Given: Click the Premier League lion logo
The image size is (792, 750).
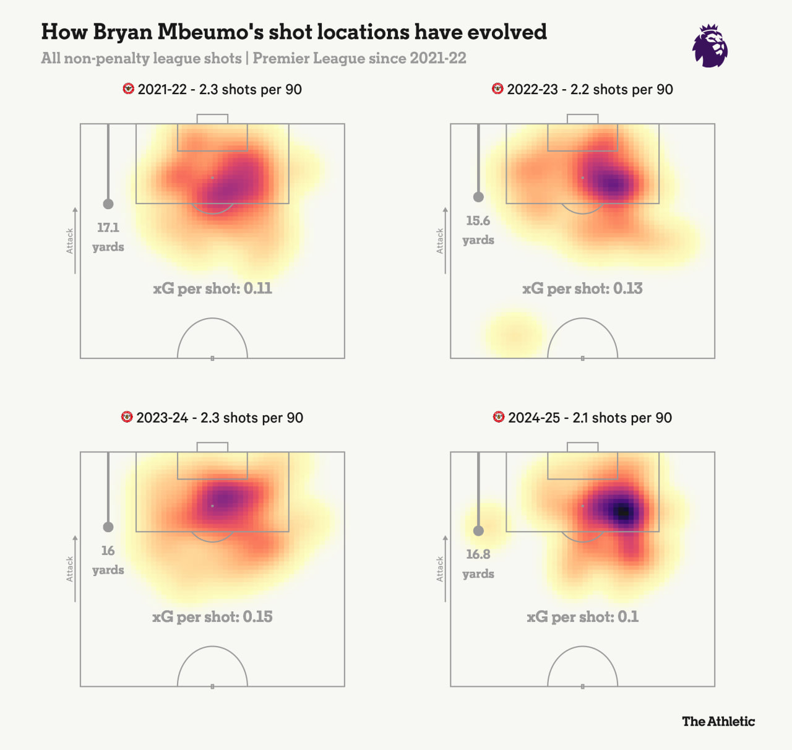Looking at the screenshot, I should point(710,46).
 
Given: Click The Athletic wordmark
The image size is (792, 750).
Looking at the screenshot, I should point(718,721).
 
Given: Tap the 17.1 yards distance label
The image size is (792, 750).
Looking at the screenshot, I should point(108,237).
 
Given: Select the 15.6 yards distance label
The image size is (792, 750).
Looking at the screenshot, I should point(478,230).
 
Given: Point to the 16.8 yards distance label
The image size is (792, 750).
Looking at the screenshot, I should point(478,564).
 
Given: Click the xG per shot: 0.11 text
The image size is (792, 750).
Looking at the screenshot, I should point(212,288).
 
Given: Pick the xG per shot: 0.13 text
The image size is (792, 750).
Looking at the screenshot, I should point(582,288).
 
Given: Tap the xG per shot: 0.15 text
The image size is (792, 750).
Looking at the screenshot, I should point(212,617).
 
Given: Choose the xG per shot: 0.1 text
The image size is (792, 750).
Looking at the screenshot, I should point(582,617).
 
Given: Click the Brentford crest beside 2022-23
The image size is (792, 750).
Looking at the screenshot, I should point(497,89).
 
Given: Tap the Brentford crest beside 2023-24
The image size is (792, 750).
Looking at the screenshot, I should point(127,417).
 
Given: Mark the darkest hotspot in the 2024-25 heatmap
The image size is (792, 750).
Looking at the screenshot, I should point(622,512).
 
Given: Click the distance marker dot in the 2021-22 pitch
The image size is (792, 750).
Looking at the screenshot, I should point(108,204).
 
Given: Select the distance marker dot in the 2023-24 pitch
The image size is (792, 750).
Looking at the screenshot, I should point(108,527).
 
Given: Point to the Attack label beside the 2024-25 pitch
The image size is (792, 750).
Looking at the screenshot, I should point(440,569).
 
